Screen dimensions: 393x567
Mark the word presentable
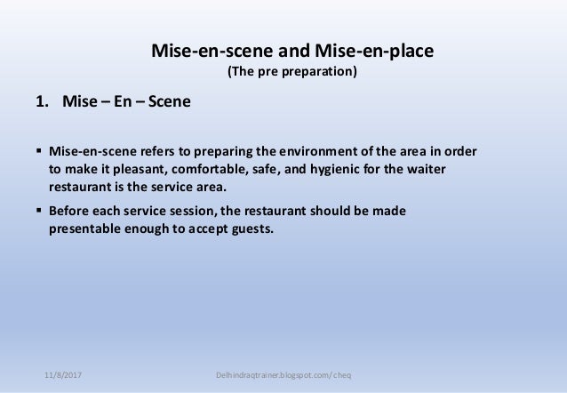84,228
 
